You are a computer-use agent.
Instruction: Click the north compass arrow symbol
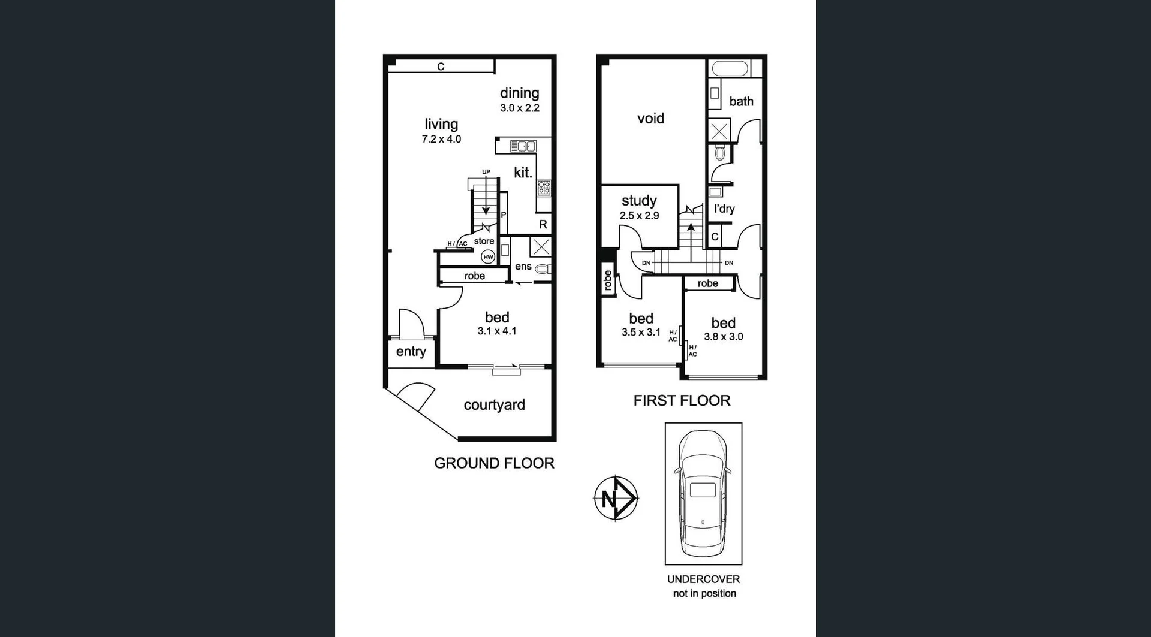point(616,498)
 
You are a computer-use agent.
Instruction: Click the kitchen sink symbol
point(523,146)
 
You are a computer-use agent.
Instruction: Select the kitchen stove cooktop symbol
point(544,188)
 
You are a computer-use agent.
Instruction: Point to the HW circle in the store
point(488,257)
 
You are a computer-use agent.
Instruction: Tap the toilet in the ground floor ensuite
point(544,269)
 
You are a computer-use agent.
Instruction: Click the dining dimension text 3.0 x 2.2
point(520,108)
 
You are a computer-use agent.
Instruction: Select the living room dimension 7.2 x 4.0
point(441,139)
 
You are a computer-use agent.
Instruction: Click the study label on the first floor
point(639,201)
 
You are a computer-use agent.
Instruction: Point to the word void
point(650,119)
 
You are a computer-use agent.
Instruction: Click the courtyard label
point(494,405)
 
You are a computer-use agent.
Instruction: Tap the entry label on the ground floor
point(411,352)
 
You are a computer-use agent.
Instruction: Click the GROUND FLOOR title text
point(494,463)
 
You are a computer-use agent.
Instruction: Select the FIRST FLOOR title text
point(682,401)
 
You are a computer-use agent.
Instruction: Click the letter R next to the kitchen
point(543,225)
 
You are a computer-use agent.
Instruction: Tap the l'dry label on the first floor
point(724,209)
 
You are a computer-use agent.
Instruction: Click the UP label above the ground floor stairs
point(486,172)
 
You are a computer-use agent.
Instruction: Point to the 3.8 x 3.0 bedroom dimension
point(723,337)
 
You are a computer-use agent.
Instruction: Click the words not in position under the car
point(704,593)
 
